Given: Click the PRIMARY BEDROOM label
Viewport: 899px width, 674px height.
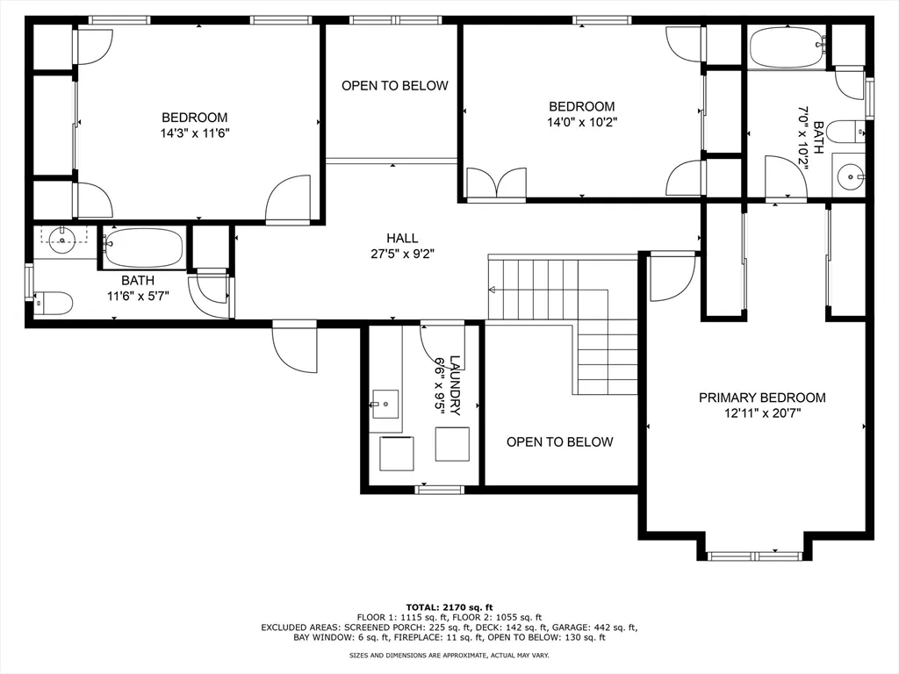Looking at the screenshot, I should click(761, 398).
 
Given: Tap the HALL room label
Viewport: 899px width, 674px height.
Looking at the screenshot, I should click(402, 238).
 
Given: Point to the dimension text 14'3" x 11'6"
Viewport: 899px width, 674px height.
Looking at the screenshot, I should click(194, 133).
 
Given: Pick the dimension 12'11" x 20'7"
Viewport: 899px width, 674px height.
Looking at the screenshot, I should click(761, 412).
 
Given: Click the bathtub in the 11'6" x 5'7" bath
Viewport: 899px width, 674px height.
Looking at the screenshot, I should click(145, 247).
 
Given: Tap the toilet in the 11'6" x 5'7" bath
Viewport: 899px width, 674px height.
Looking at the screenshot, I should click(54, 304).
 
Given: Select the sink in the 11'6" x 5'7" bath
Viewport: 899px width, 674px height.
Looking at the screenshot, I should click(62, 240).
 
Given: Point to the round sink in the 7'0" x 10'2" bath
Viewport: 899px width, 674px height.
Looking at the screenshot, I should click(850, 176).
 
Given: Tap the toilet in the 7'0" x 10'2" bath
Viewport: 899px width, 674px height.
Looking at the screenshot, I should click(846, 132).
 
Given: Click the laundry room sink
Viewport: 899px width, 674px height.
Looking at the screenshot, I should click(385, 405).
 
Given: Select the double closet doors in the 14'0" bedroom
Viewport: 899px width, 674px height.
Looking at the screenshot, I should click(496, 184).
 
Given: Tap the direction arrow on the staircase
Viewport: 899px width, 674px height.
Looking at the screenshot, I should click(493, 290).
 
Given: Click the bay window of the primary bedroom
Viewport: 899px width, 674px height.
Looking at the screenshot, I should click(753, 555).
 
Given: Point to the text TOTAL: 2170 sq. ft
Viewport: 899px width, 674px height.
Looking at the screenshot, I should click(449, 607).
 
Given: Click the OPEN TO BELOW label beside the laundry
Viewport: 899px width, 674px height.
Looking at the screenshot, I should click(559, 441).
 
